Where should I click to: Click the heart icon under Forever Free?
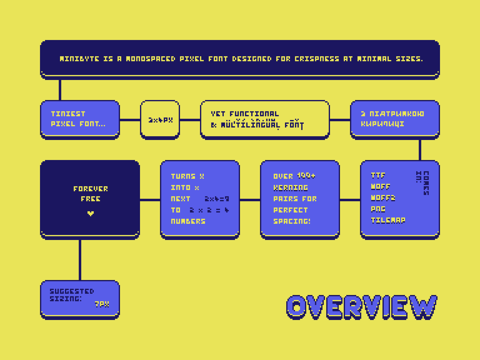coord(91,214)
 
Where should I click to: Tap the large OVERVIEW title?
coord(362,307)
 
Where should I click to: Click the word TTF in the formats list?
coord(378,176)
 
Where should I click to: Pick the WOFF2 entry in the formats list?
coord(383,198)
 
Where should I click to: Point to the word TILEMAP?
coord(388,220)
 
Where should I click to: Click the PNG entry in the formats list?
coord(378,209)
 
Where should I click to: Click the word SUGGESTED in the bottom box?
coord(72,291)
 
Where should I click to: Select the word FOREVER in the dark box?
coord(91,189)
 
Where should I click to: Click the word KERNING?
coord(291,187)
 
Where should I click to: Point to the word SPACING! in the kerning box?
coord(292,221)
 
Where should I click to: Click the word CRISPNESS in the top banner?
coord(317,59)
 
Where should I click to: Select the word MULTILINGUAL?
coord(250,125)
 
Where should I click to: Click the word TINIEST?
coord(68,114)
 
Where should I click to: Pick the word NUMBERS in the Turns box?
coord(188,221)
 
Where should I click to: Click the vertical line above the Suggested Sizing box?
coord(80,260)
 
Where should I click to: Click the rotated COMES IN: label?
coord(423,183)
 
